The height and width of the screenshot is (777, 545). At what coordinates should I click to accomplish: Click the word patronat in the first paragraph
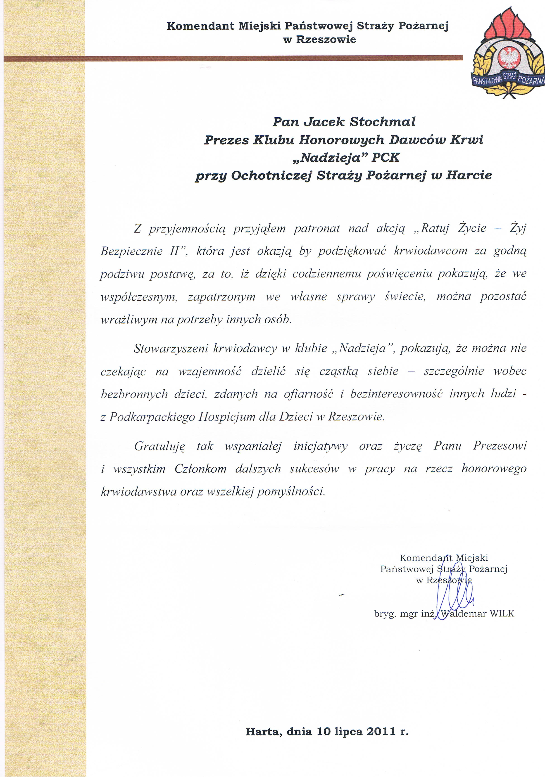[x=317, y=229]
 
